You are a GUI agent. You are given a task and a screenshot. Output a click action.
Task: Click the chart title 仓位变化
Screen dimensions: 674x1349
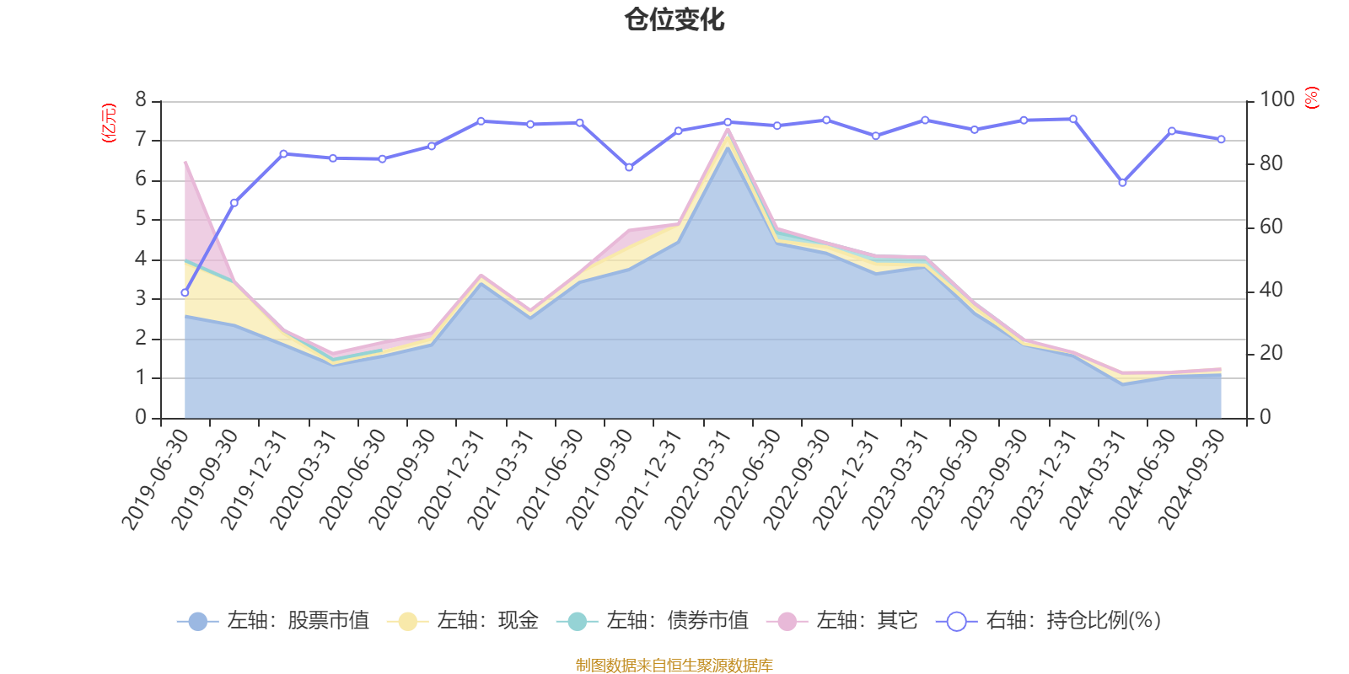click(x=674, y=19)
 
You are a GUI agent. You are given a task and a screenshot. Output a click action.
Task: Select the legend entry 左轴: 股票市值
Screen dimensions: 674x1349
click(x=273, y=621)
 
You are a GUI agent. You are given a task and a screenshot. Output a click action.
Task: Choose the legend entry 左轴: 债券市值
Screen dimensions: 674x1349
click(x=653, y=621)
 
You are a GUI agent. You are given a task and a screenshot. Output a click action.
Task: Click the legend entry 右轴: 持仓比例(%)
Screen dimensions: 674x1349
click(x=1049, y=621)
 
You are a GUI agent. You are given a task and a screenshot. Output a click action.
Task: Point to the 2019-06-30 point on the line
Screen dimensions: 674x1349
click(x=185, y=293)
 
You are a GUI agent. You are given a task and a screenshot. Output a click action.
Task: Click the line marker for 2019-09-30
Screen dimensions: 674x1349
click(x=234, y=203)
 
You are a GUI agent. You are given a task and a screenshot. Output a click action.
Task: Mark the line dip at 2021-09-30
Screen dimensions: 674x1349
click(x=629, y=168)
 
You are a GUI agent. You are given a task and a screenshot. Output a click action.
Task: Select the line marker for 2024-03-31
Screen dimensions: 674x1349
click(x=1122, y=183)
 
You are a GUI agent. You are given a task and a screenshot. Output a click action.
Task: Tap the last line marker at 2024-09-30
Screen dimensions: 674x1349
click(x=1221, y=140)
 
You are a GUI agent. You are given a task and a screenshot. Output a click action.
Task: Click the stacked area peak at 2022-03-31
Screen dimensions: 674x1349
click(x=728, y=129)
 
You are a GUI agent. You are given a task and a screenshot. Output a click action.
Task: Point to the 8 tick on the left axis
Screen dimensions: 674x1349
click(x=141, y=100)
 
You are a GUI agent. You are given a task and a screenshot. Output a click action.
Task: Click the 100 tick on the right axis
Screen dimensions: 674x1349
click(x=1276, y=100)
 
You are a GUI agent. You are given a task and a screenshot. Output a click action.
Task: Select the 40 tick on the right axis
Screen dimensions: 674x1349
click(x=1271, y=291)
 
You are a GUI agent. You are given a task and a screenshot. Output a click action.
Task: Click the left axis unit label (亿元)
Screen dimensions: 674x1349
click(x=109, y=123)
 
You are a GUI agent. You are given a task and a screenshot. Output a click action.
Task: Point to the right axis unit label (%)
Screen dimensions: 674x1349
click(x=1311, y=98)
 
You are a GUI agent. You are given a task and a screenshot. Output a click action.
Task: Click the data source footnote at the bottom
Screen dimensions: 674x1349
click(x=674, y=666)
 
